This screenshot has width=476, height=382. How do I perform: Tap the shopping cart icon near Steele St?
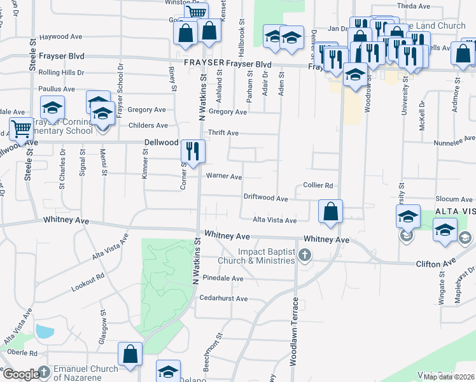tap(22, 129)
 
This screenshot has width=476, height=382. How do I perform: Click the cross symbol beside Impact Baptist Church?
tap(305, 256)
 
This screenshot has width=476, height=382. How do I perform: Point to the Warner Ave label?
tap(223, 176)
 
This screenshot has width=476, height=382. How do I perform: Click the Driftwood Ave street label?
tap(265, 198)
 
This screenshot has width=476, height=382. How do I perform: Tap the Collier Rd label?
tap(318, 185)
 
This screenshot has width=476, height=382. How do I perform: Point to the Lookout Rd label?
tap(88, 283)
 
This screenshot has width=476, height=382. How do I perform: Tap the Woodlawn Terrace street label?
tap(294, 331)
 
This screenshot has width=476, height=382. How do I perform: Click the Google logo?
tap(21, 374)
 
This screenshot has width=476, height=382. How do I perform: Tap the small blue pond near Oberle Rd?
tap(45, 331)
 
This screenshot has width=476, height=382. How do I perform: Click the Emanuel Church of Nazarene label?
tap(86, 372)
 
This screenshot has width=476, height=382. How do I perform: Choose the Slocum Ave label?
tap(454, 200)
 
